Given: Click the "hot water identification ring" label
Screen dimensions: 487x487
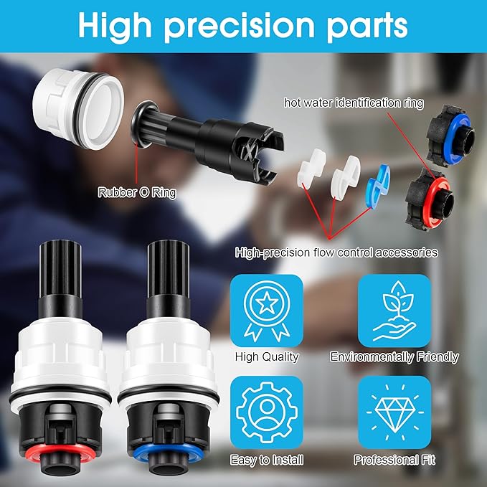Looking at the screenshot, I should [352, 103].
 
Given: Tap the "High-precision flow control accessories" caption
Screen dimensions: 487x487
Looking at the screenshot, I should [336, 252].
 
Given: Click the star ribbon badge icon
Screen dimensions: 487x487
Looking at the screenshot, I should [267, 310].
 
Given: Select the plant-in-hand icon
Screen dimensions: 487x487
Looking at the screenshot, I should [394, 310].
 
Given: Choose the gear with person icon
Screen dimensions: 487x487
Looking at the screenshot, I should [267, 412].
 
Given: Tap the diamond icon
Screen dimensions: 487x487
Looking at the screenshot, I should [394, 412].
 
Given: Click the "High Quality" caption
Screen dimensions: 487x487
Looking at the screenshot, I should [267, 356].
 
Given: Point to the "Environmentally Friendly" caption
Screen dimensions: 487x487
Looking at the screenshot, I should [394, 356].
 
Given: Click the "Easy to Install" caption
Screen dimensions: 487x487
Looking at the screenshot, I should [267, 459].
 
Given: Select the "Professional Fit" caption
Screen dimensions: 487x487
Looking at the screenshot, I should [394, 459].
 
